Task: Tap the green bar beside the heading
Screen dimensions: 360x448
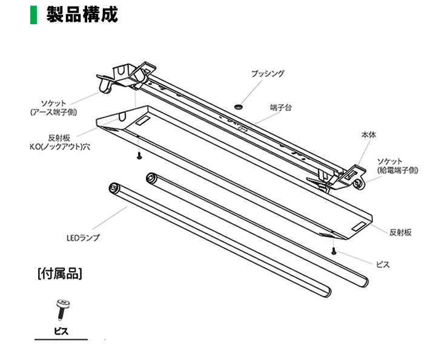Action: tap(33, 15)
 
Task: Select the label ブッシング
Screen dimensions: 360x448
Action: tap(268, 74)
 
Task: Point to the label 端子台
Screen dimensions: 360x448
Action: tap(281, 107)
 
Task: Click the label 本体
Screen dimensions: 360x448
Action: tap(368, 134)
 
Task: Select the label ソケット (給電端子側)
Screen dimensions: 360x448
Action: tap(397, 166)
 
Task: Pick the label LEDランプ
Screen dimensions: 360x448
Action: tap(82, 237)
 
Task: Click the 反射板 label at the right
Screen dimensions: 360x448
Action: tap(400, 232)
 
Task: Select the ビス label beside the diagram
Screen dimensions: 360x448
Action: tap(383, 264)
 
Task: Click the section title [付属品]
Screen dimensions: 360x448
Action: tap(59, 273)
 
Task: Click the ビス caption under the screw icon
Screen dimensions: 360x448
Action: tap(61, 331)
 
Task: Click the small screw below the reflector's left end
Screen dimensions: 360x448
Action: tap(139, 156)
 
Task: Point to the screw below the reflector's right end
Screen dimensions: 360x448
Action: tap(334, 250)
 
